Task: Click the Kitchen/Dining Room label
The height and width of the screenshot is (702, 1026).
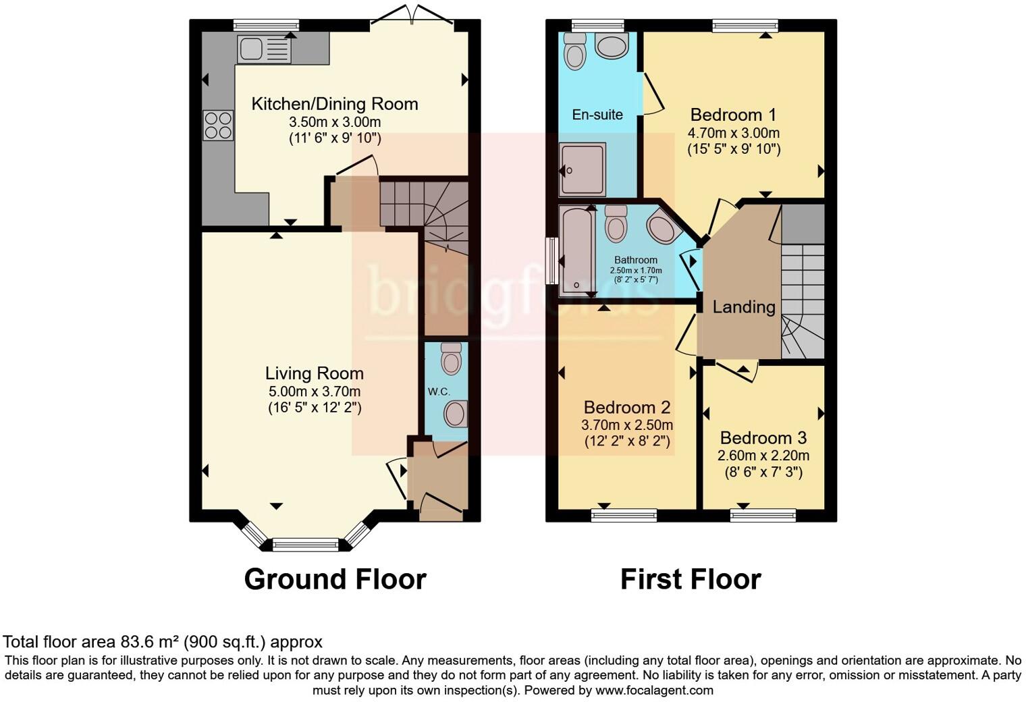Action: pyautogui.click(x=335, y=104)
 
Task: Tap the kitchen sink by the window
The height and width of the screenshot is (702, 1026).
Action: pyautogui.click(x=264, y=49)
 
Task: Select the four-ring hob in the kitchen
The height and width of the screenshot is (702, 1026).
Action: pyautogui.click(x=217, y=126)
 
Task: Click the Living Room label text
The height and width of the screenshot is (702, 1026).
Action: pyautogui.click(x=314, y=373)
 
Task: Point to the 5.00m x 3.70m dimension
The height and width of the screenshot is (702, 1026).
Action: pyautogui.click(x=314, y=391)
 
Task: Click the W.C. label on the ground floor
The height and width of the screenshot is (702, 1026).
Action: pyautogui.click(x=438, y=391)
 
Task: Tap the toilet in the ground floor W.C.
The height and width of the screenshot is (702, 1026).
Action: pyautogui.click(x=451, y=358)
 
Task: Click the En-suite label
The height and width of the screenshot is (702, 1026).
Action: pyautogui.click(x=597, y=115)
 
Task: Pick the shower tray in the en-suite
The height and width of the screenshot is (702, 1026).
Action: pyautogui.click(x=582, y=169)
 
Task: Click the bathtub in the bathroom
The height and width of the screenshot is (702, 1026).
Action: pyautogui.click(x=576, y=250)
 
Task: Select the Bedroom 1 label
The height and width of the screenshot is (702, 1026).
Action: pyautogui.click(x=733, y=115)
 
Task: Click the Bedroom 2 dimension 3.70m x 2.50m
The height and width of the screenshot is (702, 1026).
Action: pyautogui.click(x=626, y=425)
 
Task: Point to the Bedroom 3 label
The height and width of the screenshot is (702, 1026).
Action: pyautogui.click(x=763, y=438)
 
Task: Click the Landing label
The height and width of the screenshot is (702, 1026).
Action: pyautogui.click(x=744, y=307)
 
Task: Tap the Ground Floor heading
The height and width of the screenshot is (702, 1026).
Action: pyautogui.click(x=335, y=579)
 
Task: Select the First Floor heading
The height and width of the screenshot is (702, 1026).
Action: pyautogui.click(x=691, y=579)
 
